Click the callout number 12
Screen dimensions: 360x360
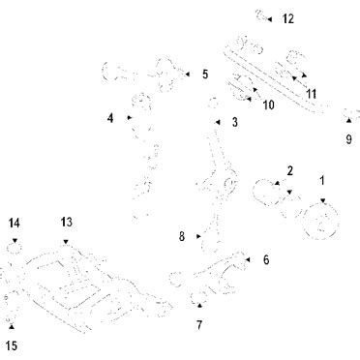[x=288, y=18]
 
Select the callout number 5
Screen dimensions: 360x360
[x=205, y=75]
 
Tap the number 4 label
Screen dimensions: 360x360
[x=110, y=118]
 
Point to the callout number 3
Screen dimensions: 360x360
[x=235, y=122]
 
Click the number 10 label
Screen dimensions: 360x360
[x=268, y=105]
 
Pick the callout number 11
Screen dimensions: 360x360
[x=312, y=94]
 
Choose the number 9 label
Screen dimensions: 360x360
[x=348, y=139]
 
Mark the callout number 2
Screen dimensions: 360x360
[x=290, y=171]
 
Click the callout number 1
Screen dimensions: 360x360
[x=322, y=181]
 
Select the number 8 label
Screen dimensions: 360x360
[x=182, y=236]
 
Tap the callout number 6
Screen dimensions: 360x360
[x=266, y=259]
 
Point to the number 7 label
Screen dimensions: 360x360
[x=199, y=325]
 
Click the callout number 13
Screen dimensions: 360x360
[x=67, y=223]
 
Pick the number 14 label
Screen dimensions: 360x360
[x=14, y=223]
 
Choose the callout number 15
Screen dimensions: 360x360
[x=12, y=346]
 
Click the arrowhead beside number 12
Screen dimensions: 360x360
[x=270, y=19]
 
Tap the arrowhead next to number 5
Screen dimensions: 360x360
[x=188, y=75]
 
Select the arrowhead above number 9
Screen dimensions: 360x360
[x=348, y=120]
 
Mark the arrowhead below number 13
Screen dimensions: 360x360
[x=66, y=242]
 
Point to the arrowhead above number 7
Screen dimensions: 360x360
[x=199, y=305]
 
